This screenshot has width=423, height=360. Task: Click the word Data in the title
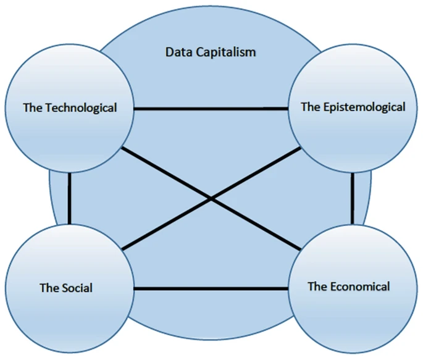[x=179, y=52]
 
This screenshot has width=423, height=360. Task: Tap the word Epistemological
[x=364, y=107]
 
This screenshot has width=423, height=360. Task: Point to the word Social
[x=77, y=288]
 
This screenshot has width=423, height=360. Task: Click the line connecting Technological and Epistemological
[x=212, y=110]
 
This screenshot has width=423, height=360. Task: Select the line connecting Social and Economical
[x=212, y=289]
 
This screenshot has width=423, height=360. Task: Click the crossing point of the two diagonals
[x=212, y=199]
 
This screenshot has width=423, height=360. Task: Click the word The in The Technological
[x=33, y=107]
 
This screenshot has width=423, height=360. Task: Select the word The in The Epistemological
[x=311, y=107]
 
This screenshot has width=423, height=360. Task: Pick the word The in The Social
[x=49, y=288]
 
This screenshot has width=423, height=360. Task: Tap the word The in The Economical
[x=317, y=287]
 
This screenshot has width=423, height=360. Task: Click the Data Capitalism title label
[x=211, y=52]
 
